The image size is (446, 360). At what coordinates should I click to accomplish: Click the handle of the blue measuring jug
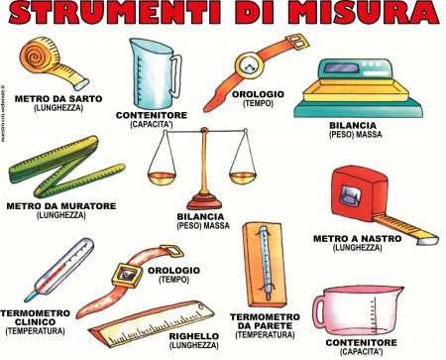click(175, 75)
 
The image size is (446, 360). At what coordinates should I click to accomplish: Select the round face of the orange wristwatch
click(249, 65)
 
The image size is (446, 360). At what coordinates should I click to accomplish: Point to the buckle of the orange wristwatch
click(298, 43)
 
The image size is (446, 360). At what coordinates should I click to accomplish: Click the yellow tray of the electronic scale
click(356, 91)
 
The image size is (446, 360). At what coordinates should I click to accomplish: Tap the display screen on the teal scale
click(341, 68)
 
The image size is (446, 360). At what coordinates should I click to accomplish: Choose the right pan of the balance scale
click(243, 178)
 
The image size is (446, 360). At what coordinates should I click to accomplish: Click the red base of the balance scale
click(204, 200)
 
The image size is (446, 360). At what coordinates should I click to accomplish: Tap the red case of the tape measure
click(359, 195)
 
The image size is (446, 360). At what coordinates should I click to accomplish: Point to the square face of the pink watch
click(127, 275)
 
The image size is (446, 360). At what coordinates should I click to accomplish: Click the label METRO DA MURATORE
click(61, 206)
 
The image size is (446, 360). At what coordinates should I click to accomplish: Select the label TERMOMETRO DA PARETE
click(265, 321)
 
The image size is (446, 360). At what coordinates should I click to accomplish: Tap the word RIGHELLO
click(194, 336)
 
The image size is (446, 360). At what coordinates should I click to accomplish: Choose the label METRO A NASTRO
click(357, 238)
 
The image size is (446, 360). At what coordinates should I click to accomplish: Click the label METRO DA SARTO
click(58, 98)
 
